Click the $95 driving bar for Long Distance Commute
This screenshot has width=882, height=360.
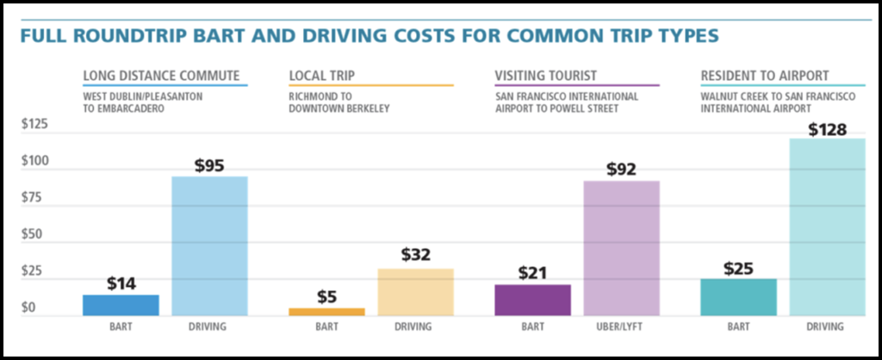click(209, 246)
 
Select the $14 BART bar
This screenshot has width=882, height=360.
click(121, 306)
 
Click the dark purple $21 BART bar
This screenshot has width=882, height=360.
click(532, 301)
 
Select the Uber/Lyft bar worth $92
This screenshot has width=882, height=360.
click(621, 248)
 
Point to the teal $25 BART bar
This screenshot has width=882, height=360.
click(738, 297)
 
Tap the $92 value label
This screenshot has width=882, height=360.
click(621, 170)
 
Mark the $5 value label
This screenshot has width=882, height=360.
click(326, 297)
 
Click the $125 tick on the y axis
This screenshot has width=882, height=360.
click(35, 124)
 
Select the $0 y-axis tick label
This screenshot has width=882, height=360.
click(29, 307)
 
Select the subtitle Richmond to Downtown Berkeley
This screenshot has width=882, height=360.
click(340, 103)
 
